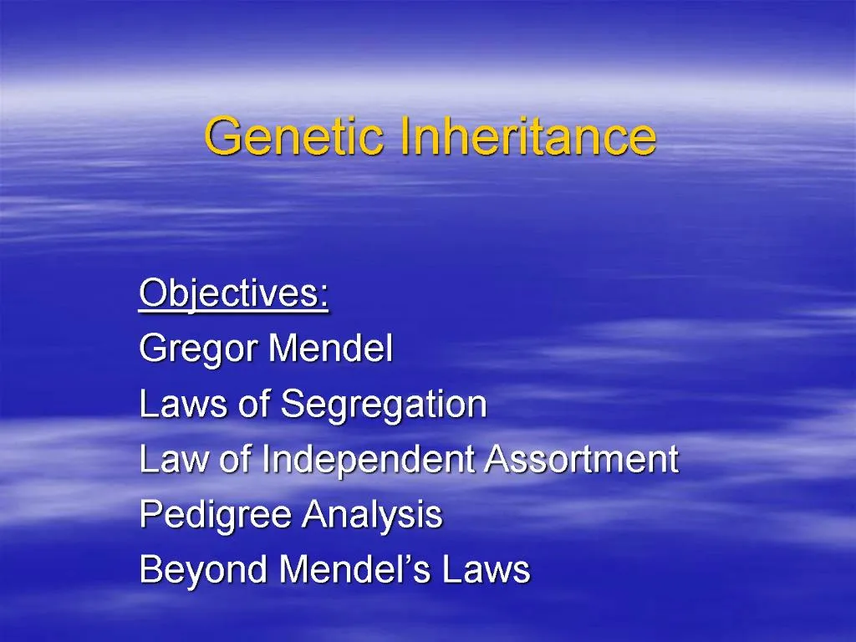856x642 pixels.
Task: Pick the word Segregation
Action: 384,405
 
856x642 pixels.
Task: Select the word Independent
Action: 370,460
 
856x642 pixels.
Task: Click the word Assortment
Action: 583,460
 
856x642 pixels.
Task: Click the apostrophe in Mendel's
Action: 404,559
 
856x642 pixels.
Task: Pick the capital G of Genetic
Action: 222,137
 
